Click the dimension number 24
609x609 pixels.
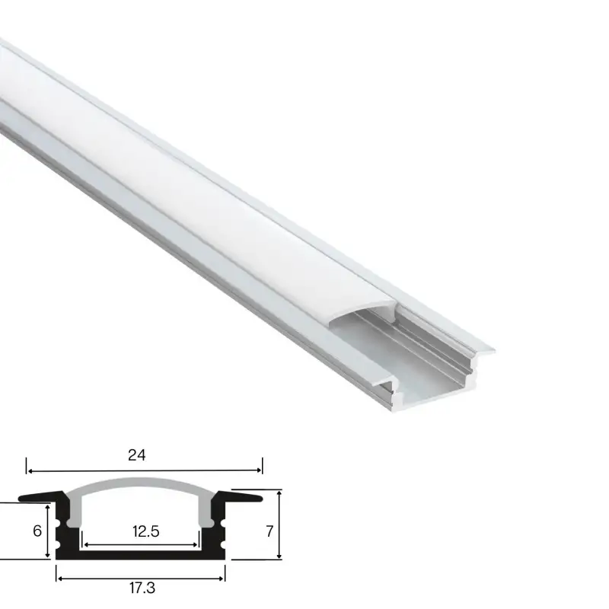[x=137, y=456]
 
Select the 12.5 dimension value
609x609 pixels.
[x=145, y=532]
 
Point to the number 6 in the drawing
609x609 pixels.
[x=37, y=531]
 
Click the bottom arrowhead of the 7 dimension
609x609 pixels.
[x=280, y=555]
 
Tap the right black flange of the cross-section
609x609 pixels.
[x=244, y=498]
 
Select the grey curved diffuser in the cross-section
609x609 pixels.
[x=141, y=485]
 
